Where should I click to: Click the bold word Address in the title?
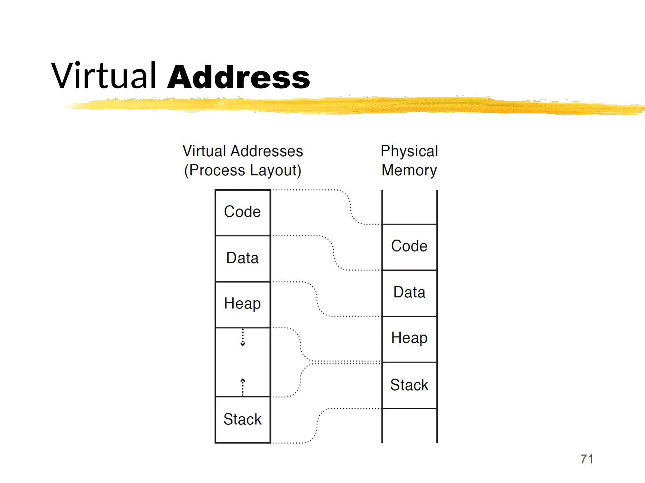pyautogui.click(x=239, y=77)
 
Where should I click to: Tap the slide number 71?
pyautogui.click(x=586, y=459)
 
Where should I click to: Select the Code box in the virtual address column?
pyautogui.click(x=243, y=212)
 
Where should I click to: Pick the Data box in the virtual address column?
pyautogui.click(x=243, y=258)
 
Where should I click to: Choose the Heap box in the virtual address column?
pyautogui.click(x=243, y=304)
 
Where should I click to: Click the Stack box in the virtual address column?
pyautogui.click(x=243, y=419)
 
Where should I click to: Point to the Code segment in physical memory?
pyautogui.click(x=409, y=247)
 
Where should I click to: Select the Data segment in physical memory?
pyautogui.click(x=409, y=292)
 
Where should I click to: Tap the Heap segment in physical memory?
pyautogui.click(x=409, y=338)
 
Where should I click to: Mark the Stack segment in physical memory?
pyautogui.click(x=409, y=385)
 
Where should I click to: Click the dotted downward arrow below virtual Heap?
pyautogui.click(x=243, y=337)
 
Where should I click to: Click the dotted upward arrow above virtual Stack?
pyautogui.click(x=243, y=387)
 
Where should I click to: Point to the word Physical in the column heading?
pyautogui.click(x=409, y=151)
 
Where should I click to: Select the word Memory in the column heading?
pyautogui.click(x=409, y=170)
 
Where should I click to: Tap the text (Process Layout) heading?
pyautogui.click(x=243, y=170)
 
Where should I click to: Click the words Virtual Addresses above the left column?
pyautogui.click(x=243, y=151)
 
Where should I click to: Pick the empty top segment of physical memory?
pyautogui.click(x=409, y=207)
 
